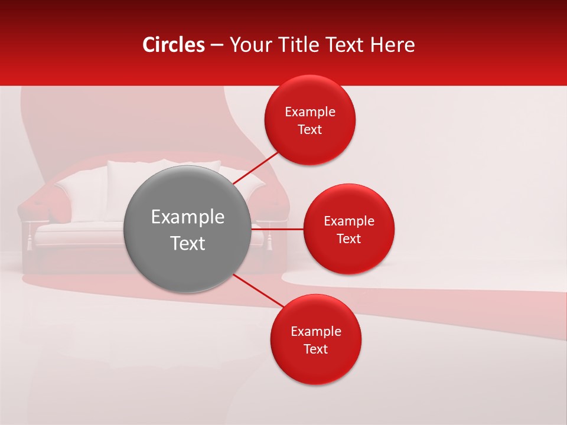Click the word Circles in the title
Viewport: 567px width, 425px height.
click(x=174, y=45)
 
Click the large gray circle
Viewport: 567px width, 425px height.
click(x=188, y=195)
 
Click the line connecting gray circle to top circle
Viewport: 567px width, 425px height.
click(x=256, y=168)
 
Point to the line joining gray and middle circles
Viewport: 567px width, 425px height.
click(x=278, y=229)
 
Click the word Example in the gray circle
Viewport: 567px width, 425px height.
click(x=188, y=217)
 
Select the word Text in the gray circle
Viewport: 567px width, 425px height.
click(x=188, y=243)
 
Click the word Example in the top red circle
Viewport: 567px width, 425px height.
click(x=310, y=112)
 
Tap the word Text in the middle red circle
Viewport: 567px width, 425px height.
click(x=349, y=238)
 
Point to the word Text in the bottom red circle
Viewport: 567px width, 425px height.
click(x=316, y=349)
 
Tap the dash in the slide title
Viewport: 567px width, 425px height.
click(x=217, y=45)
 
